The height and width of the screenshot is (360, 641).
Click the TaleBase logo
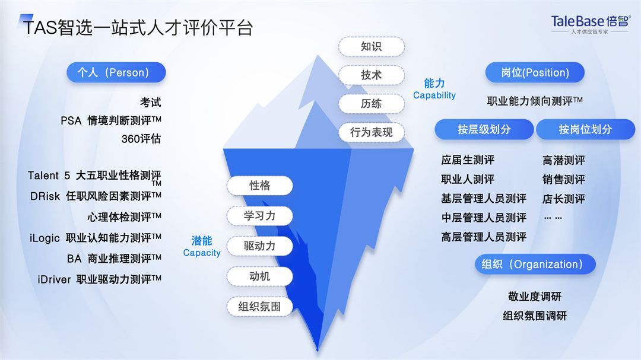click(591, 24)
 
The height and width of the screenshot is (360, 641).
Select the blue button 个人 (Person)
click(116, 73)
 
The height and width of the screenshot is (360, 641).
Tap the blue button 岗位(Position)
click(535, 73)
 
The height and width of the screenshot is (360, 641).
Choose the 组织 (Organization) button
click(535, 265)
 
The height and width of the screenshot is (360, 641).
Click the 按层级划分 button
click(484, 129)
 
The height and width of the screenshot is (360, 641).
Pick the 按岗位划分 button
click(585, 129)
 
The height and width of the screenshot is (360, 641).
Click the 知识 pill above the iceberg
click(371, 47)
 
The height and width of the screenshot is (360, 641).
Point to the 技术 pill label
click(371, 75)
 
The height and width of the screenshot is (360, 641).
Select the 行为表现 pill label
click(371, 132)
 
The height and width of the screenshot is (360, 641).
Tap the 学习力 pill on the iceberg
click(259, 216)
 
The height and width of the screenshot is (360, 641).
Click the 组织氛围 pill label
click(259, 307)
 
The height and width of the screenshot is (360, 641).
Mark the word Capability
click(434, 95)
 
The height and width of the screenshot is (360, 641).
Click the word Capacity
click(202, 253)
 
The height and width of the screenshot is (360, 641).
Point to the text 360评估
click(141, 139)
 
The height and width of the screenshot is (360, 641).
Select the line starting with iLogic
click(95, 238)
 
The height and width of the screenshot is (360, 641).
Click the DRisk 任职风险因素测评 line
click(96, 196)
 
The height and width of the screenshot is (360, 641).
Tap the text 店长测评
click(564, 199)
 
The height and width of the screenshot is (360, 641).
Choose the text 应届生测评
click(468, 160)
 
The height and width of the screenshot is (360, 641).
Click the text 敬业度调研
click(535, 297)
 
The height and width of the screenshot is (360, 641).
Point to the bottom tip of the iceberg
click(317, 351)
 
